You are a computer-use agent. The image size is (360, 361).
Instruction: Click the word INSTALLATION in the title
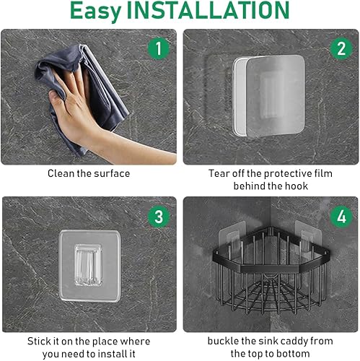pyautogui.click(x=208, y=10)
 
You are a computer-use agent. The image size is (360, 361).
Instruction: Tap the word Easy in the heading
pyautogui.click(x=96, y=12)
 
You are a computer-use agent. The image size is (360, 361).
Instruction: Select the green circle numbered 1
pyautogui.click(x=159, y=48)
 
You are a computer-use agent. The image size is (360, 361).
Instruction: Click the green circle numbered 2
pyautogui.click(x=341, y=48)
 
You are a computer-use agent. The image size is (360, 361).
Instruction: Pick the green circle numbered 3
pyautogui.click(x=159, y=217)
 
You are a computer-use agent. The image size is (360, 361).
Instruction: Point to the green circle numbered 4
pyautogui.click(x=341, y=217)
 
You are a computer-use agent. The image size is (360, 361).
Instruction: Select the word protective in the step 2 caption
pyautogui.click(x=288, y=173)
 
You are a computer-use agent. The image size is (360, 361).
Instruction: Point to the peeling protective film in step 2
pyautogui.click(x=276, y=96)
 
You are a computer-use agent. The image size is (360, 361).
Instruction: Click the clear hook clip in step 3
pyautogui.click(x=88, y=265)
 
